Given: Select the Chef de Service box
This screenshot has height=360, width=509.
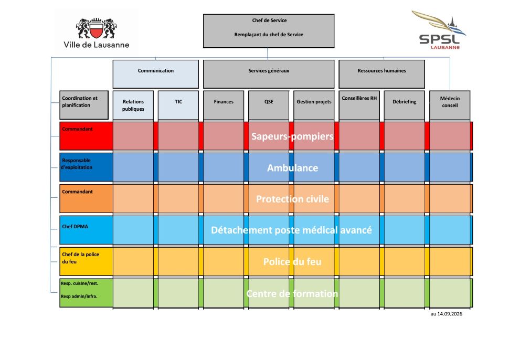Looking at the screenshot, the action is pyautogui.click(x=269, y=31).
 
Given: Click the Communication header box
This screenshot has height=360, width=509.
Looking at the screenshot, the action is pyautogui.click(x=156, y=74).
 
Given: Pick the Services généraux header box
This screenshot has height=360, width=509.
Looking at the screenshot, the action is pyautogui.click(x=269, y=74).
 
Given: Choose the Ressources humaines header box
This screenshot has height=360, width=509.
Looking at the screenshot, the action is pyautogui.click(x=382, y=74).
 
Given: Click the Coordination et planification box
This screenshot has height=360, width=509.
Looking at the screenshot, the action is pyautogui.click(x=84, y=105).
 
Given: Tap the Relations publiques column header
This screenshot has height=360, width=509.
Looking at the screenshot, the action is pyautogui.click(x=133, y=105).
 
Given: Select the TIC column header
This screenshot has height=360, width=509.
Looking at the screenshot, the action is pyautogui.click(x=178, y=105).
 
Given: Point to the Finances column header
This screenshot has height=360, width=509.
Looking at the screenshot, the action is pyautogui.click(x=224, y=105).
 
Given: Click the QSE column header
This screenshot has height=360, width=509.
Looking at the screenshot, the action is pyautogui.click(x=269, y=105).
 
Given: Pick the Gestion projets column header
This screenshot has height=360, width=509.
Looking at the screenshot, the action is pyautogui.click(x=314, y=105).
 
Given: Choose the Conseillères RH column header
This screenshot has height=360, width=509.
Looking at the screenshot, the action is pyautogui.click(x=359, y=105).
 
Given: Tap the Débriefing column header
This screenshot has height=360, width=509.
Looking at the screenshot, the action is pyautogui.click(x=404, y=105).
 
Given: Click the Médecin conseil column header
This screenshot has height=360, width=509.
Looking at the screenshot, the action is pyautogui.click(x=450, y=105).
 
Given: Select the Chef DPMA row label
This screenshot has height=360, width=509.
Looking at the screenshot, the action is pyautogui.click(x=75, y=227).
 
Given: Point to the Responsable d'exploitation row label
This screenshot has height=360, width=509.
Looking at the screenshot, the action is pyautogui.click(x=77, y=164).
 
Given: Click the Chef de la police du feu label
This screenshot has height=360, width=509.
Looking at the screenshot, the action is pyautogui.click(x=80, y=258).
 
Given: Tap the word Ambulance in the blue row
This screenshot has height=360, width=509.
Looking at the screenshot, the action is pyautogui.click(x=292, y=168).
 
